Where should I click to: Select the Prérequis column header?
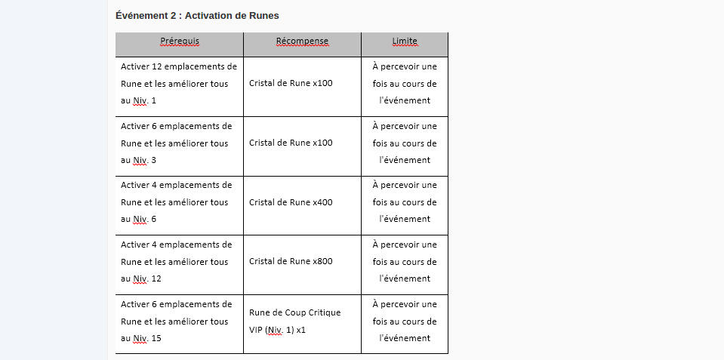click(x=179, y=41)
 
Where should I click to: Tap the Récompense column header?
click(x=302, y=41)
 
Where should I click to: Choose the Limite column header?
click(x=405, y=41)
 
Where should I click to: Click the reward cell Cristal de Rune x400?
click(x=291, y=202)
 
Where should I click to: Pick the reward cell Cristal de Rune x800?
click(x=291, y=261)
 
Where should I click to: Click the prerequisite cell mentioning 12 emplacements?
click(x=178, y=83)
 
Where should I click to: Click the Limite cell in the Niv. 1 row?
click(x=405, y=83)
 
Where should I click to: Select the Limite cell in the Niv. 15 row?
click(x=405, y=321)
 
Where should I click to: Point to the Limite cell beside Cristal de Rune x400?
click(x=405, y=202)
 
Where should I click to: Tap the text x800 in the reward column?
click(x=322, y=261)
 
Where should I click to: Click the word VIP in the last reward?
click(x=256, y=330)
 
